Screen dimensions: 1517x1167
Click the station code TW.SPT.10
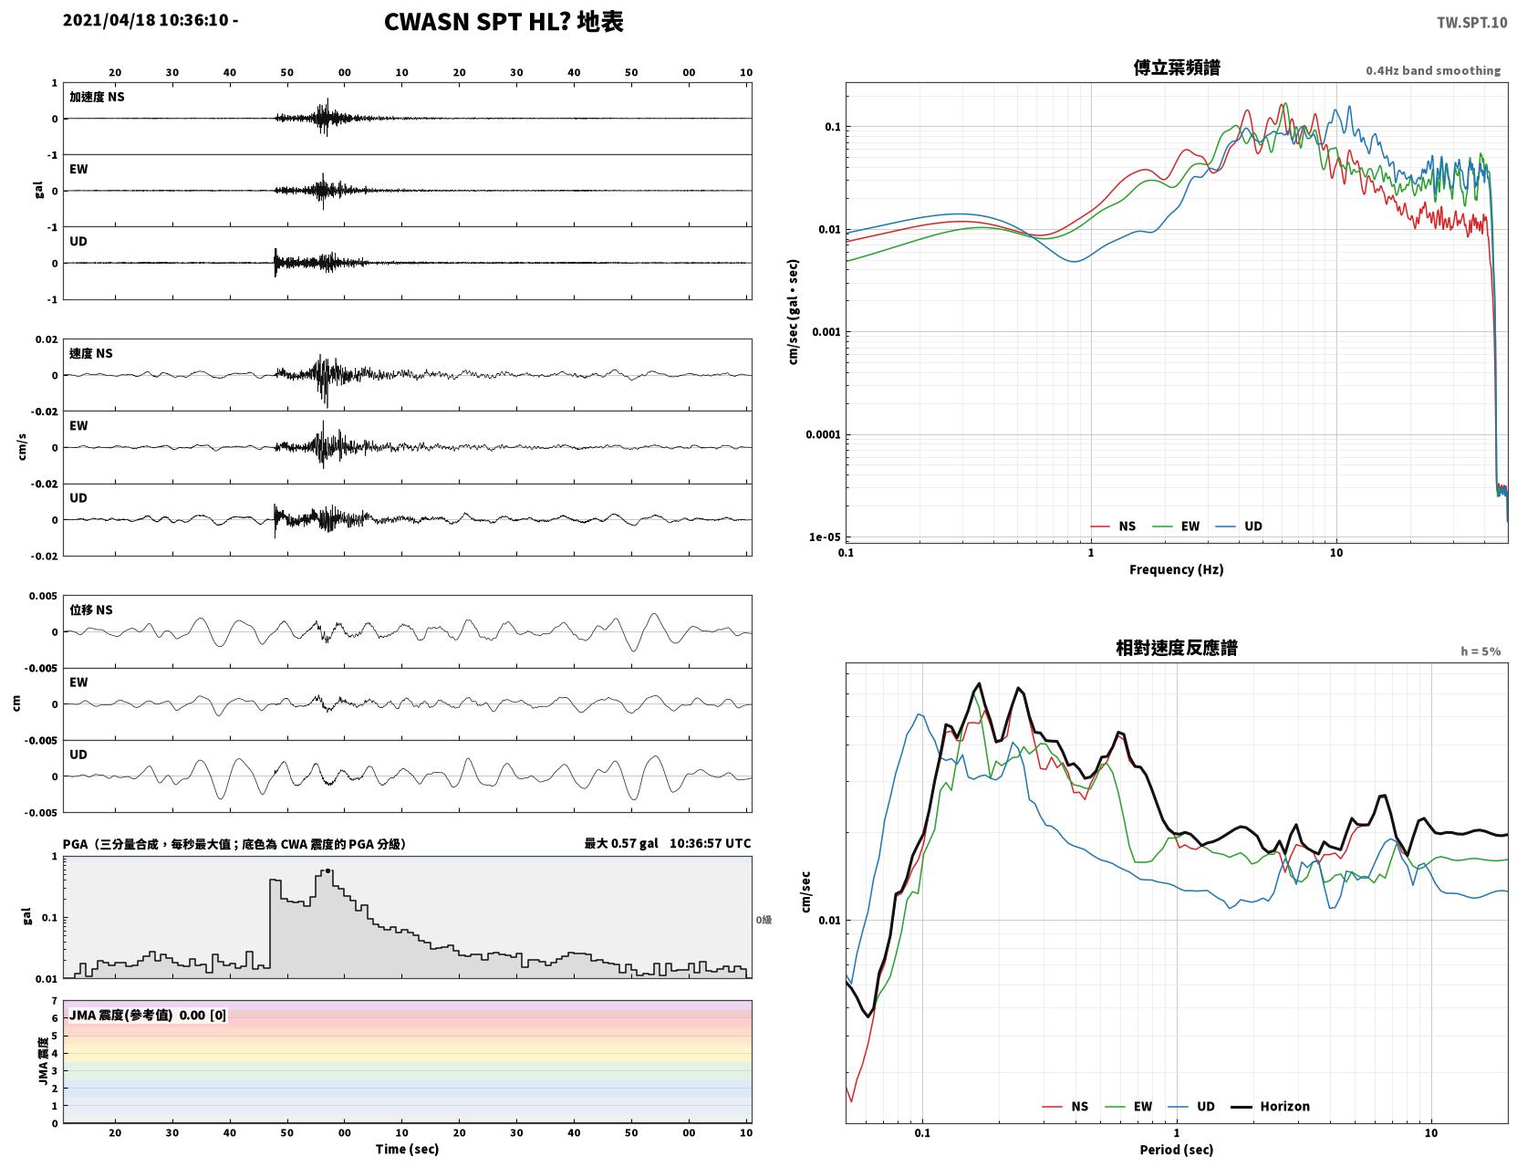(x=1471, y=22)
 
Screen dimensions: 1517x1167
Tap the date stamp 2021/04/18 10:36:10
(x=145, y=20)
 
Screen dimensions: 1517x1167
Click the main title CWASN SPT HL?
(x=476, y=22)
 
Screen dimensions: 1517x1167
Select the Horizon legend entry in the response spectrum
(x=1270, y=1106)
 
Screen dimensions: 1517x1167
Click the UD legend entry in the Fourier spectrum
(x=1239, y=526)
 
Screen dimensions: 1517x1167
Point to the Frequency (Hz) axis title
(x=1177, y=569)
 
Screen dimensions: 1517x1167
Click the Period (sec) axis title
(x=1177, y=1150)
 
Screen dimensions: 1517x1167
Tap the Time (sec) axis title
(x=407, y=1149)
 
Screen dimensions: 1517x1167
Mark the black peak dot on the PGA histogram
(x=327, y=871)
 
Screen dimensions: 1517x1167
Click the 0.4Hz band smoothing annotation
(x=1433, y=70)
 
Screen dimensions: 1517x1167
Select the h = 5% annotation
(x=1481, y=651)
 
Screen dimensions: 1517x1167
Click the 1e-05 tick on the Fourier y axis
(x=825, y=537)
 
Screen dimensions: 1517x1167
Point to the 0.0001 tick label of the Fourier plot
(x=823, y=434)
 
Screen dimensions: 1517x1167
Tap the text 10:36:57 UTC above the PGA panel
(x=710, y=843)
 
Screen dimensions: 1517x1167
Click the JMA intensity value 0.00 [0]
(x=203, y=1015)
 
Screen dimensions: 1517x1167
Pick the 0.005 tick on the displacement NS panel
(x=43, y=596)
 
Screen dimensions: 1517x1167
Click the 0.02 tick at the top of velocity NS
(x=47, y=340)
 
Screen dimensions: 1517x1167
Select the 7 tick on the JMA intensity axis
(x=55, y=1001)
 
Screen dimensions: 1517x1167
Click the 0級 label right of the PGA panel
(x=764, y=920)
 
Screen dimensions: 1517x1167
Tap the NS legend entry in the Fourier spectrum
(x=1113, y=526)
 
